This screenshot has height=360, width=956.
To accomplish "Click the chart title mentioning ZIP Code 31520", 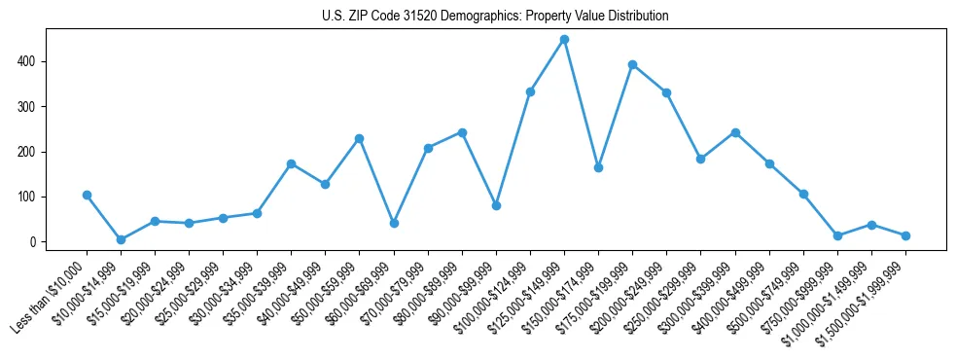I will coord(495,17).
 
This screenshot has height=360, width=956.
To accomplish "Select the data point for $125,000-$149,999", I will coord(564,40).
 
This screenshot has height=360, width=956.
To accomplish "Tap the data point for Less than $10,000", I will coord(87,195).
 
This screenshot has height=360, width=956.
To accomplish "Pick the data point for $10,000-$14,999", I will coord(121,239).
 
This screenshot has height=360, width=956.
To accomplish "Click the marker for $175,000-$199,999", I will coord(632,65).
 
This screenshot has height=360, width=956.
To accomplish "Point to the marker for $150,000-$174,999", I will coord(598,167).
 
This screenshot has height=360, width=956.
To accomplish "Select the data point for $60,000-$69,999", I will coord(394,223).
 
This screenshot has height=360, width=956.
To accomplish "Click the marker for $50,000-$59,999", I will coord(360,138).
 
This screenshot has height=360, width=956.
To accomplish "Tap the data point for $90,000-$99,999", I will coord(496,205).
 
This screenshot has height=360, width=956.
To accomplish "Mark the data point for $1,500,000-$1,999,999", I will coord(905,235).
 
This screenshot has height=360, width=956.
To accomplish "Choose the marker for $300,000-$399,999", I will coord(735,132).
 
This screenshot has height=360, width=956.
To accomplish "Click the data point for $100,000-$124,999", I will coord(530,91).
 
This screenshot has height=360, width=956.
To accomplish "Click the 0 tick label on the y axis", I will coord(33,241).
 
